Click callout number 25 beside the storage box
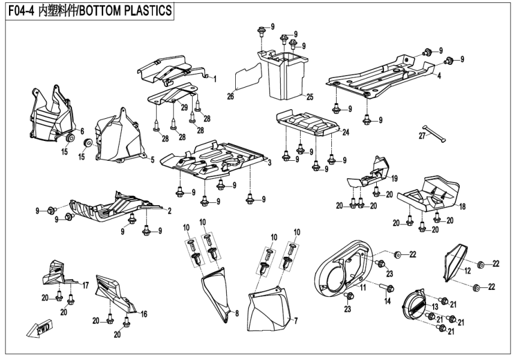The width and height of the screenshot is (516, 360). click(x=310, y=97)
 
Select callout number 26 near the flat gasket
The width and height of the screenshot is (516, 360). click(x=230, y=96)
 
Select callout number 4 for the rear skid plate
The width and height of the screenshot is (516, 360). click(x=439, y=76)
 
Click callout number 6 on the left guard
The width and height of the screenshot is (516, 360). click(x=82, y=131)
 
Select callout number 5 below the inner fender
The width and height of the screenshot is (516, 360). click(x=152, y=160)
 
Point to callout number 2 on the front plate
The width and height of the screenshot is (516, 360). click(x=170, y=211)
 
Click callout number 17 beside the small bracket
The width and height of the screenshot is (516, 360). click(x=86, y=285)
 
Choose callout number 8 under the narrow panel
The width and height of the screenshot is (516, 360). click(x=237, y=313)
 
